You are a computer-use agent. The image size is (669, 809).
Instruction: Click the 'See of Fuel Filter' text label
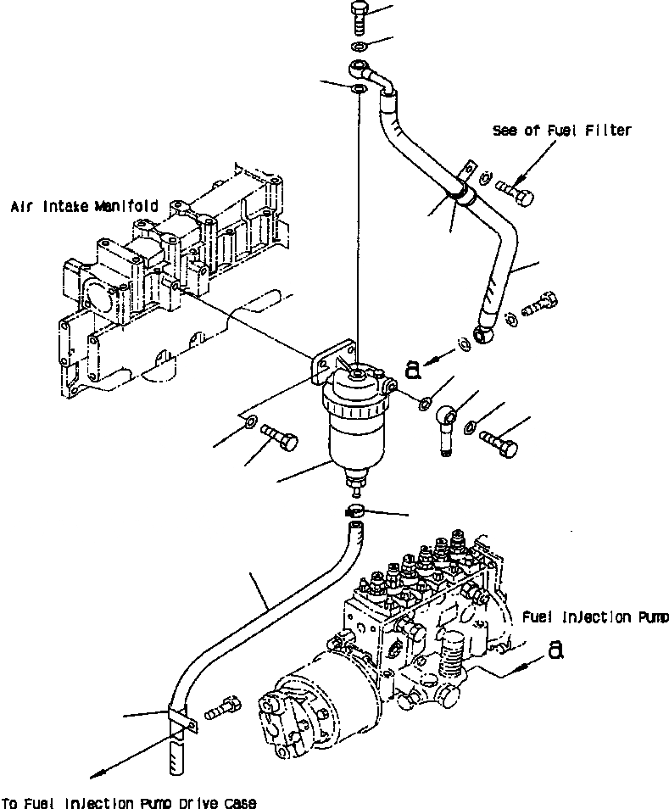pos(562,131)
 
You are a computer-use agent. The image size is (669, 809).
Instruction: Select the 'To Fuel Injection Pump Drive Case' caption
pos(128,802)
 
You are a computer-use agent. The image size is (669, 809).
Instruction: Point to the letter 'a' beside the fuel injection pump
pos(555,650)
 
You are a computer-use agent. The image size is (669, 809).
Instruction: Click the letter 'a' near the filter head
pos(413,368)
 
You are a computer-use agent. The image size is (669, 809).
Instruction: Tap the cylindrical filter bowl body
pos(354,441)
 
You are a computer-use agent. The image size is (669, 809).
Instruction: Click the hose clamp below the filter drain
pos(355,511)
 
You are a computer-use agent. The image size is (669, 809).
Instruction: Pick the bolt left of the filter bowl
pos(281,439)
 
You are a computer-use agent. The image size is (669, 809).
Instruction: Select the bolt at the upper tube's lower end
pos(540,304)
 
